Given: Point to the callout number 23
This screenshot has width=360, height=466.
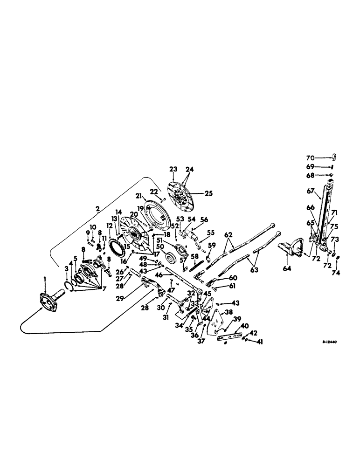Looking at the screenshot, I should [x=173, y=169].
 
